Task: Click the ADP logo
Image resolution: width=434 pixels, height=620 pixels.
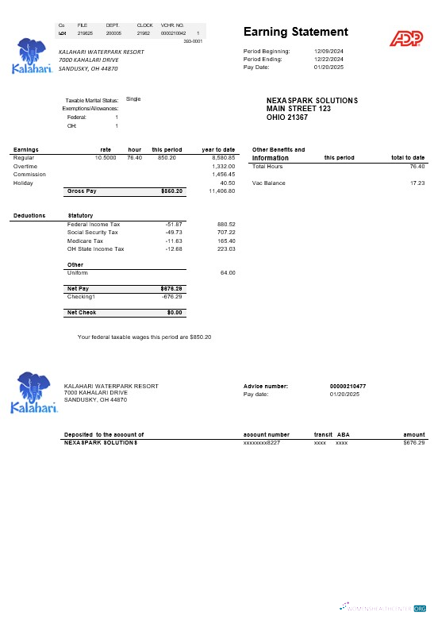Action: (x=405, y=37)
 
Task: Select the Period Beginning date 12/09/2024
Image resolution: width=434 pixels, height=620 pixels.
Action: (x=328, y=52)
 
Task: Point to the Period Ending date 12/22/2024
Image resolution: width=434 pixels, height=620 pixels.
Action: (x=328, y=60)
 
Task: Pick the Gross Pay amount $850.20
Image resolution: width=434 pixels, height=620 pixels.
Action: (x=172, y=191)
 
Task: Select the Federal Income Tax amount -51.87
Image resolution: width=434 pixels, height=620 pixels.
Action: (x=174, y=224)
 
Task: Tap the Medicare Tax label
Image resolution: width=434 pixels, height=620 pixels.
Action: (x=85, y=241)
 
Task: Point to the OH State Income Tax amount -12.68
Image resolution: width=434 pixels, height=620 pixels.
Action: (x=174, y=248)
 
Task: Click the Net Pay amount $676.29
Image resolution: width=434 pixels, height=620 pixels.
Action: (x=172, y=288)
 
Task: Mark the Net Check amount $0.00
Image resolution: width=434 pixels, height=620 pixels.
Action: (x=175, y=313)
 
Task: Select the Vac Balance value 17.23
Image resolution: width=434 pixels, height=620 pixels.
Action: (x=417, y=183)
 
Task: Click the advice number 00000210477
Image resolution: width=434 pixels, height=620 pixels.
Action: (x=348, y=386)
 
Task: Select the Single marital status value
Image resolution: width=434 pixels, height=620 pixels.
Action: (x=133, y=99)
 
